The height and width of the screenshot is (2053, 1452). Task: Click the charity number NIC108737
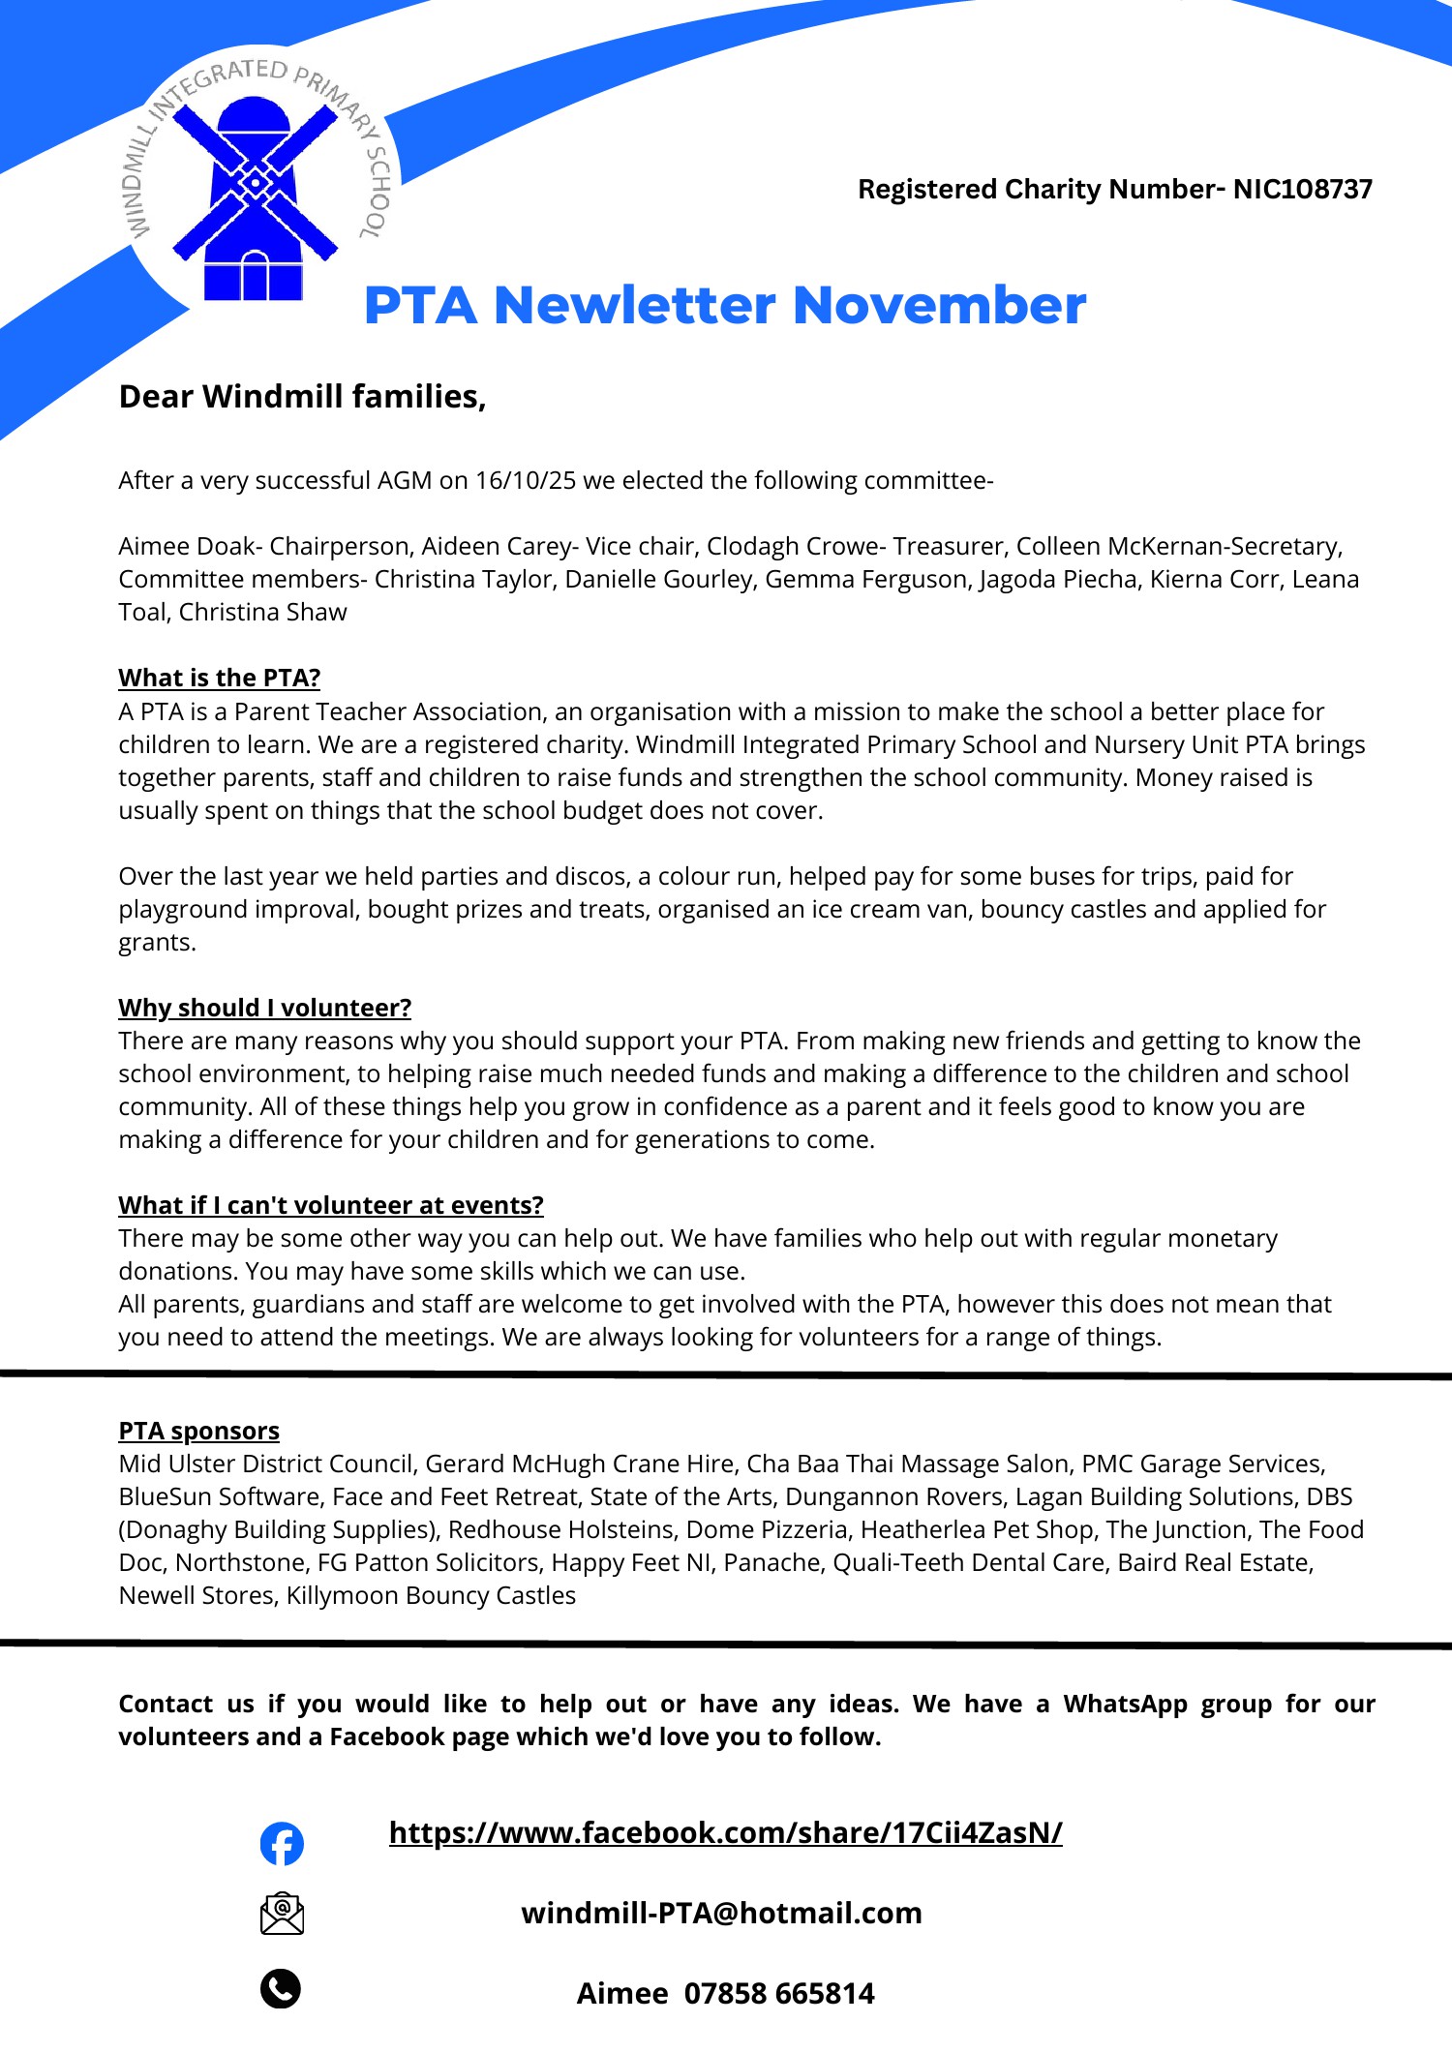(1302, 189)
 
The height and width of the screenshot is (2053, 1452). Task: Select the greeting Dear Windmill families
(302, 397)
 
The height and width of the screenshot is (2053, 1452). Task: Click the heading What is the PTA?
(219, 678)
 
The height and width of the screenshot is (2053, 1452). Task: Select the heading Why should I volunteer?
(264, 1008)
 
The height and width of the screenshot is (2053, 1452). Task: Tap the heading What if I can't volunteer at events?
(330, 1205)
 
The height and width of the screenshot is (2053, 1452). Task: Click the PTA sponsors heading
(198, 1431)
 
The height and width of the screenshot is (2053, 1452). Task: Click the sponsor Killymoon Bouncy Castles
(431, 1596)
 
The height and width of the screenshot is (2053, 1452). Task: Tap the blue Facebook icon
(282, 1843)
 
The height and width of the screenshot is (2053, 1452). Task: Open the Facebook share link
(725, 1832)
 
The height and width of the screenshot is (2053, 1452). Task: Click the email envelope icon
(282, 1914)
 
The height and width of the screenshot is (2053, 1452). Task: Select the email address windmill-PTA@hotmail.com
(721, 1914)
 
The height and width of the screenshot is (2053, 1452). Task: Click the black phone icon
(281, 1988)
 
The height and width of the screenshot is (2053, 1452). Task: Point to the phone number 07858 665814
(779, 1994)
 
